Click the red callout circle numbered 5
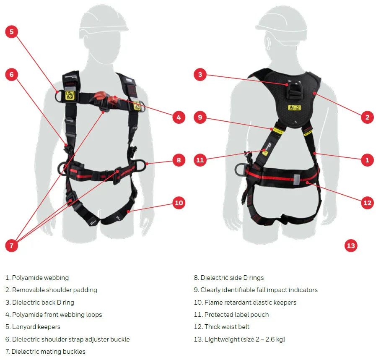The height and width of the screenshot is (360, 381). pos(12,31)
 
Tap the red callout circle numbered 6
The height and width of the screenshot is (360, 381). pos(12,75)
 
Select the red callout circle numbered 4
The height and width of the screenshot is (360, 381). pos(179,117)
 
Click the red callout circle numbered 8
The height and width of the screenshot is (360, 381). pos(179,160)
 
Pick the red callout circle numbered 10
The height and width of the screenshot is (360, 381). pos(179,203)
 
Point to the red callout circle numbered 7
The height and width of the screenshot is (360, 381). pos(12,245)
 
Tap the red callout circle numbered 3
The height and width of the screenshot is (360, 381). pos(200,75)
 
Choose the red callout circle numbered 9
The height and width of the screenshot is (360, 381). pos(200,117)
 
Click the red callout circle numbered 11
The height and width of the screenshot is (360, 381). pos(200,160)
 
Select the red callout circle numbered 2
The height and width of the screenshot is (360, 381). pos(367,117)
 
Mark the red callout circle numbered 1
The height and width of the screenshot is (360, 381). pos(367,160)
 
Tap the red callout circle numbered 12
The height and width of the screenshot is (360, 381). pos(367,203)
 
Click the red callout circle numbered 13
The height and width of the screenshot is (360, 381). pos(351,245)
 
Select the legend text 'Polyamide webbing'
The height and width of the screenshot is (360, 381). pos(40,278)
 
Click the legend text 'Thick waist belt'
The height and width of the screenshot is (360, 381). pos(227,327)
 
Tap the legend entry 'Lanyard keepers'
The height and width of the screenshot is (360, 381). pos(36,327)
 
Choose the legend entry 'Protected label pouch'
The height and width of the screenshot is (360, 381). pos(236,315)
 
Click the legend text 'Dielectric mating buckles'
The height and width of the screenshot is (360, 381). pos(48,352)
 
